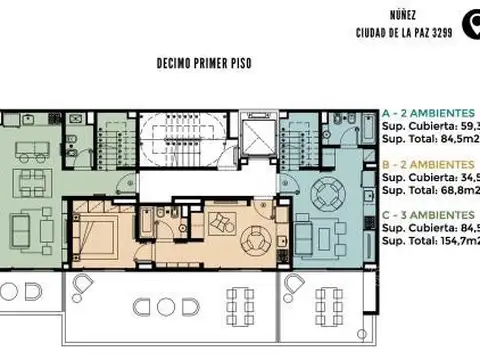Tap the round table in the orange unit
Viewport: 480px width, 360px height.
click(257, 239)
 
